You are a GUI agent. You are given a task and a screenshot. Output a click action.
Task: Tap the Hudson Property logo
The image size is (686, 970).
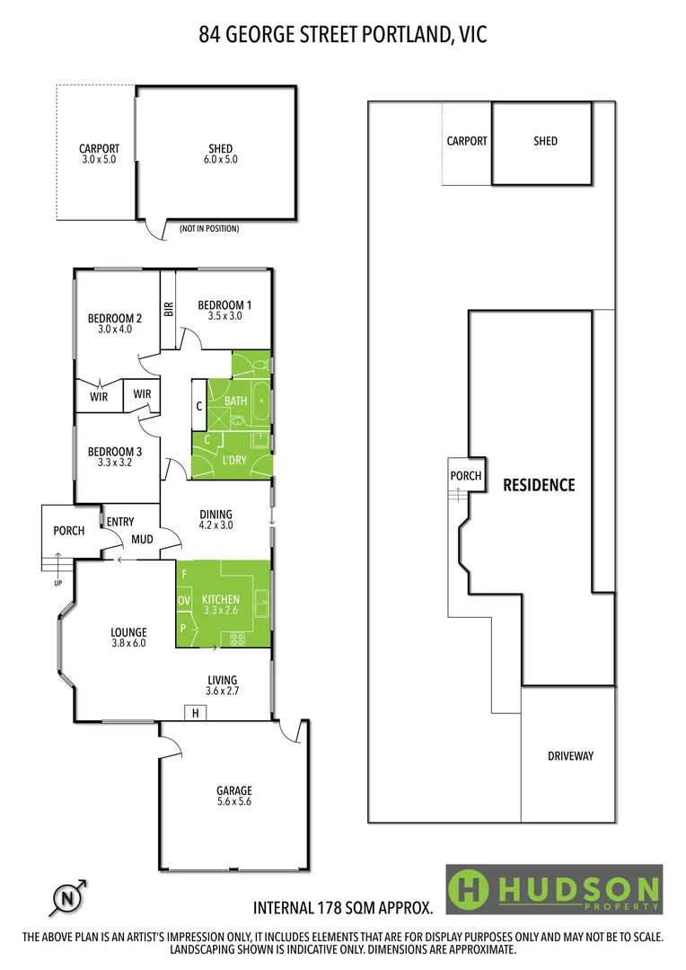coord(554,889)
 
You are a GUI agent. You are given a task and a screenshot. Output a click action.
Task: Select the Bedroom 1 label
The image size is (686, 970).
coord(224,305)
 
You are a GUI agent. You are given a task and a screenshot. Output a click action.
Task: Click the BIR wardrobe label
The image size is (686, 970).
coord(168,309)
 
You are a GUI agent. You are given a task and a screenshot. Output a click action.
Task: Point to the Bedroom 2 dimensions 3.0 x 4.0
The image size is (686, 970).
coord(115,330)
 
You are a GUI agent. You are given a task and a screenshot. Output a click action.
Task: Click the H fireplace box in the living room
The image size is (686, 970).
coord(195,713)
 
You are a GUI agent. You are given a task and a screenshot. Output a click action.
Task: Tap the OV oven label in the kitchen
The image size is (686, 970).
coord(184,600)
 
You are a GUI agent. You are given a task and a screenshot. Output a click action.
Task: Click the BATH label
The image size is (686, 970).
coord(236,401)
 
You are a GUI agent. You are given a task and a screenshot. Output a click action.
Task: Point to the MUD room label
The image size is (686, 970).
coord(142,540)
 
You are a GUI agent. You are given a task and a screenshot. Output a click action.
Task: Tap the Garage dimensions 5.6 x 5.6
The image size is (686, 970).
coord(233,803)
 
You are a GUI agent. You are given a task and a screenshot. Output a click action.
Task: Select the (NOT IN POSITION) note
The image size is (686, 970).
coord(209,229)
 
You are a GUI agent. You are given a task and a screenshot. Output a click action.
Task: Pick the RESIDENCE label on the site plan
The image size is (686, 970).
coord(539,485)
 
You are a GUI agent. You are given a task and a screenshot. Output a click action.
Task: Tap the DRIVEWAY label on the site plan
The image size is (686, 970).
coord(570,755)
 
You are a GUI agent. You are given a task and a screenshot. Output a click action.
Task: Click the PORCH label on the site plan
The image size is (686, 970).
coord(466,476)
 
